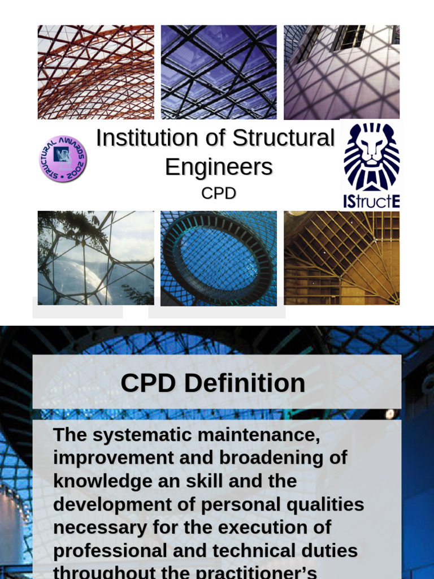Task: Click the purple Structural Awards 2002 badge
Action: [63, 158]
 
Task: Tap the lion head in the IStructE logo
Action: [371, 155]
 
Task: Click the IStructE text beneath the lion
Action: [371, 201]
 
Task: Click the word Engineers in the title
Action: [219, 167]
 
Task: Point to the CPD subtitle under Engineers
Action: [219, 193]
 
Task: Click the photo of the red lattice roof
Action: [96, 72]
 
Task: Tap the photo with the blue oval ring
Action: [218, 258]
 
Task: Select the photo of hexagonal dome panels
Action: [96, 258]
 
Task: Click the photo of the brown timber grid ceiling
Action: [341, 258]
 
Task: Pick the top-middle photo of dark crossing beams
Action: [218, 72]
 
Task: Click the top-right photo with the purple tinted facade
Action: [341, 72]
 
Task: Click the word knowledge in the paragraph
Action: [102, 481]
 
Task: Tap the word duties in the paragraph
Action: [330, 551]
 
